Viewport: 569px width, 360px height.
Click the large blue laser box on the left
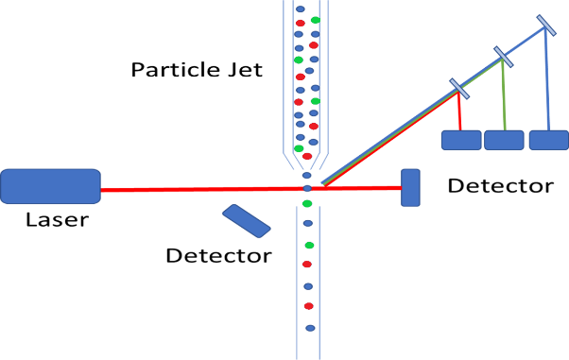tap(50, 186)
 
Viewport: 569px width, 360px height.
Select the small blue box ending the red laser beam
tap(410, 187)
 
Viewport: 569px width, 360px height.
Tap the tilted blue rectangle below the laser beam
tap(246, 220)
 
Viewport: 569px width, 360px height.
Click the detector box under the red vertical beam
tap(461, 140)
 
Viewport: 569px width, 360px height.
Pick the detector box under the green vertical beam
tap(504, 140)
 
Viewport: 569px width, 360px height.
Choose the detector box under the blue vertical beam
tap(548, 140)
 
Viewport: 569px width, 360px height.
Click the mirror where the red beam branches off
tap(459, 89)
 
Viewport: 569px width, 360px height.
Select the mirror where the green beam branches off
tap(503, 57)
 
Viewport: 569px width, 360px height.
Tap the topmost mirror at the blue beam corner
tap(545, 25)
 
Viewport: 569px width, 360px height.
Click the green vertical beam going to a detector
tap(503, 94)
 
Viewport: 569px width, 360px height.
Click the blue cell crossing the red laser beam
tap(307, 188)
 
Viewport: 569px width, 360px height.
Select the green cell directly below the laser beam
tap(307, 203)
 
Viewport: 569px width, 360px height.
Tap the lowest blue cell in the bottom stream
tap(310, 328)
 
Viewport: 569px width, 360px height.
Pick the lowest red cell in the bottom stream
tap(308, 306)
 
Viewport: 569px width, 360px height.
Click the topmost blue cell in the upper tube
tap(300, 9)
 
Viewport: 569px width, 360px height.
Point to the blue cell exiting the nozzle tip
tap(306, 175)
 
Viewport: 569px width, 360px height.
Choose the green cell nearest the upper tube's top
tap(315, 20)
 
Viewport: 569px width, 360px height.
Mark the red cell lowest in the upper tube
tap(306, 156)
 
